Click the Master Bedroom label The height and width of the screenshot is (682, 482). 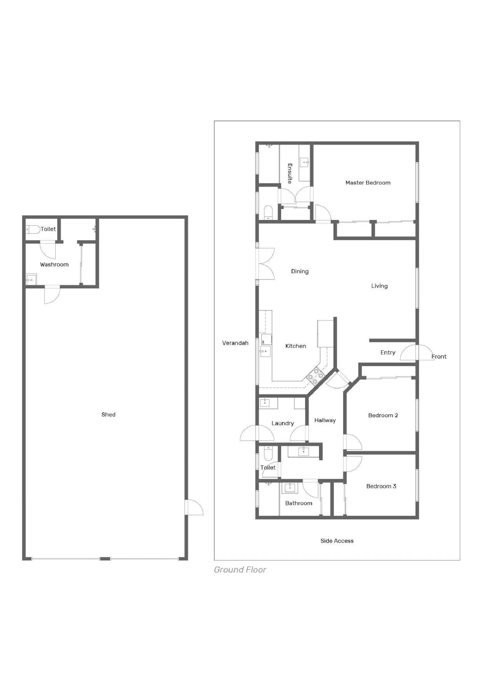tap(368, 183)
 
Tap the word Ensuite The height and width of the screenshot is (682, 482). tap(290, 173)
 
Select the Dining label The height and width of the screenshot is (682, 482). tap(300, 271)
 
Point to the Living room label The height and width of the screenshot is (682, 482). tap(379, 286)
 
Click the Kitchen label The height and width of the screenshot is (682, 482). tap(296, 346)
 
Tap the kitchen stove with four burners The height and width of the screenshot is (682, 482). tap(316, 376)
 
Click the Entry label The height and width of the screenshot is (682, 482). tap(388, 353)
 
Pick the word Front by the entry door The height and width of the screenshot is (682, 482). tap(439, 357)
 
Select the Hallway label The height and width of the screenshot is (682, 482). tap(325, 421)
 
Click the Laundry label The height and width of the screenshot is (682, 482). tap(283, 423)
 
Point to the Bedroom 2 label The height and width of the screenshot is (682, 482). tap(383, 415)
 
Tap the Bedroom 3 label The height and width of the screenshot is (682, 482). tap(381, 486)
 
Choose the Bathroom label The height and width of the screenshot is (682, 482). tap(299, 503)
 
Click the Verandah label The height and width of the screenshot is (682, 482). tap(235, 343)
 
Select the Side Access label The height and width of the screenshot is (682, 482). tap(337, 541)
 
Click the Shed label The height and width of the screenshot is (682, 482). tap(108, 415)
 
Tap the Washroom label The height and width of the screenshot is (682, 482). tap(54, 265)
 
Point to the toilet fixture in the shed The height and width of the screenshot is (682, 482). tap(33, 229)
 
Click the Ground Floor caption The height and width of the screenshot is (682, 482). tap(240, 570)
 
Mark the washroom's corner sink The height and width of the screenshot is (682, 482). tap(31, 279)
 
